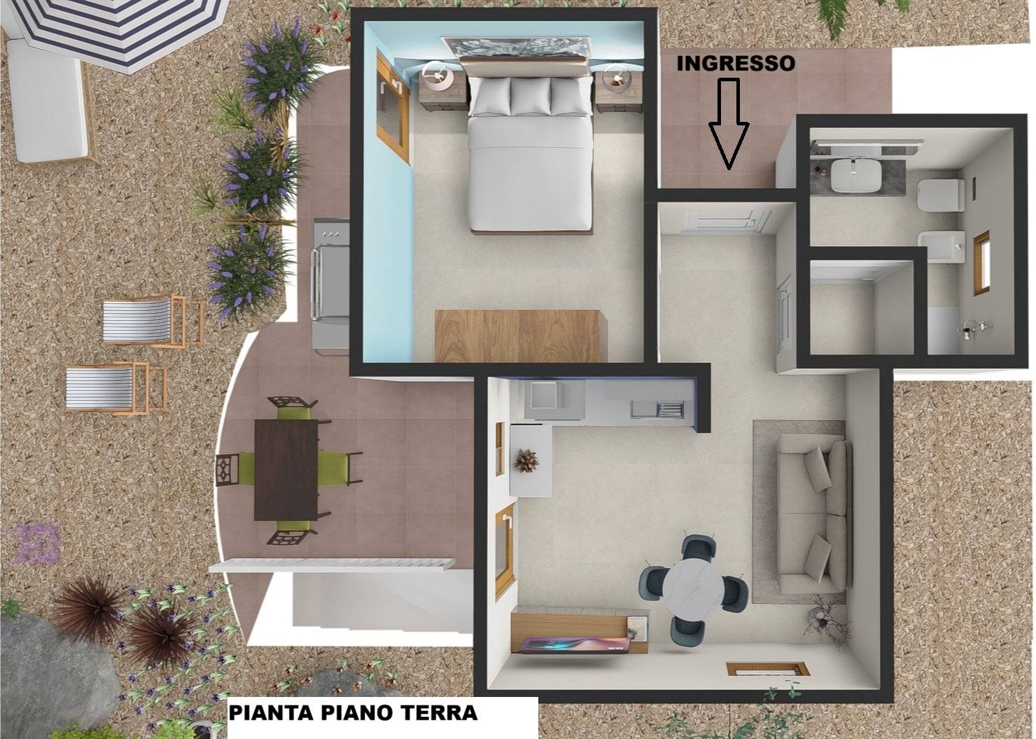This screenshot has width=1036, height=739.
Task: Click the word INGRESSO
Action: pos(736,64)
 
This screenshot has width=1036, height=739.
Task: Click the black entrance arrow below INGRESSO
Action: pos(729,123)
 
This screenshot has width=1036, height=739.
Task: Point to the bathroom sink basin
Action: pos(855,175)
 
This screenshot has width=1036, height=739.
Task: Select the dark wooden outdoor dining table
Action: pos(286,470)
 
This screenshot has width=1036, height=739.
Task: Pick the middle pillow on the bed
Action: pos(531,96)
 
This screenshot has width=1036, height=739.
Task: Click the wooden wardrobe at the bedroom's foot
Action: pos(520,336)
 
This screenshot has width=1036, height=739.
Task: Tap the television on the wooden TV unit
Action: pos(573,645)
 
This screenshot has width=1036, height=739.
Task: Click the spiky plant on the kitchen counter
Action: pos(526,460)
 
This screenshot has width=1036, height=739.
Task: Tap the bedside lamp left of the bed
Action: pos(437,77)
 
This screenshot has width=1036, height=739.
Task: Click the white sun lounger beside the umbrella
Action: pos(48,99)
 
